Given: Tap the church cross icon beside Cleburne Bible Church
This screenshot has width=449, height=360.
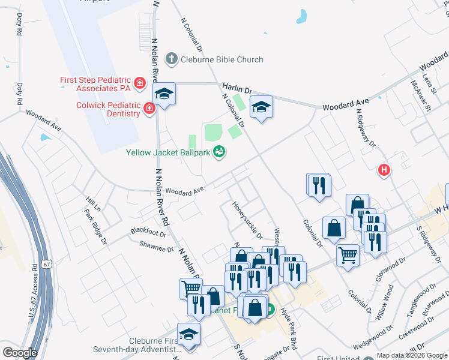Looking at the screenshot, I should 172,59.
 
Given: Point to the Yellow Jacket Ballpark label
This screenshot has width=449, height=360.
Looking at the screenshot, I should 168,152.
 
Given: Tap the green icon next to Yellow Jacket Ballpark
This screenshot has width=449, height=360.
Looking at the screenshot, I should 220,152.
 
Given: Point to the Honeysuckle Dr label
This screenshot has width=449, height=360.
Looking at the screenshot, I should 247,219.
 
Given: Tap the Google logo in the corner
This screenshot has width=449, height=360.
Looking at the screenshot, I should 20,353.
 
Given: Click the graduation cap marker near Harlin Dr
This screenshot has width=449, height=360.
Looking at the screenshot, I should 261,107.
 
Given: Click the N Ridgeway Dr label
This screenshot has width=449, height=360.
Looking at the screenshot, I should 366,127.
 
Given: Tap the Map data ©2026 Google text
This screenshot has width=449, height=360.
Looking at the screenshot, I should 412,355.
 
